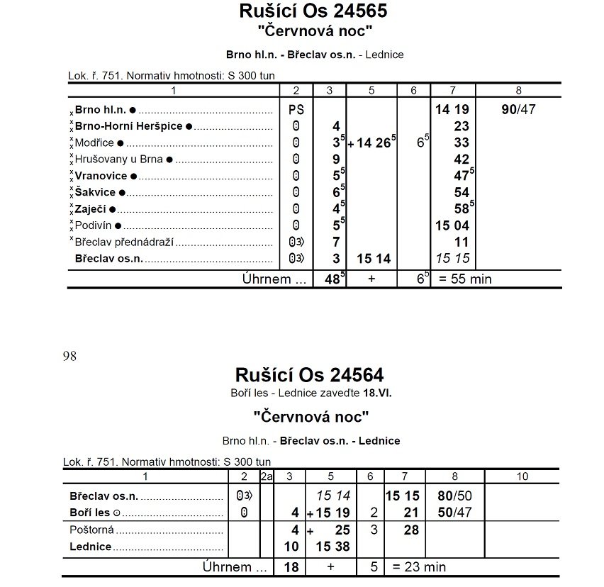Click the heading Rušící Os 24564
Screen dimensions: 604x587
(309, 374)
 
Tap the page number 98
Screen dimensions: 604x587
(69, 356)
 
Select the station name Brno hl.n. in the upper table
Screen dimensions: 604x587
(101, 111)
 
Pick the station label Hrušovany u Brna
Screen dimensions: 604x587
(119, 160)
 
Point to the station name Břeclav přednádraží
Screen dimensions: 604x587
(125, 242)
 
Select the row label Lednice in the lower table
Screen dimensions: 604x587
(91, 547)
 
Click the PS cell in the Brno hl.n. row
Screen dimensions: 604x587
(296, 111)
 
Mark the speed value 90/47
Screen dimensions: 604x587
(518, 111)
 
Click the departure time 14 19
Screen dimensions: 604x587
(451, 111)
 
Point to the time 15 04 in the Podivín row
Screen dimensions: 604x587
(451, 225)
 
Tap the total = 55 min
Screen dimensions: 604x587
(465, 279)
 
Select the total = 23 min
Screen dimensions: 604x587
(419, 567)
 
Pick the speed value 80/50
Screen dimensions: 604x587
(454, 496)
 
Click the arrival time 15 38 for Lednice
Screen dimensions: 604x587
(334, 547)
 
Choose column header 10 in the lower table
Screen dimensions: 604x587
(522, 476)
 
